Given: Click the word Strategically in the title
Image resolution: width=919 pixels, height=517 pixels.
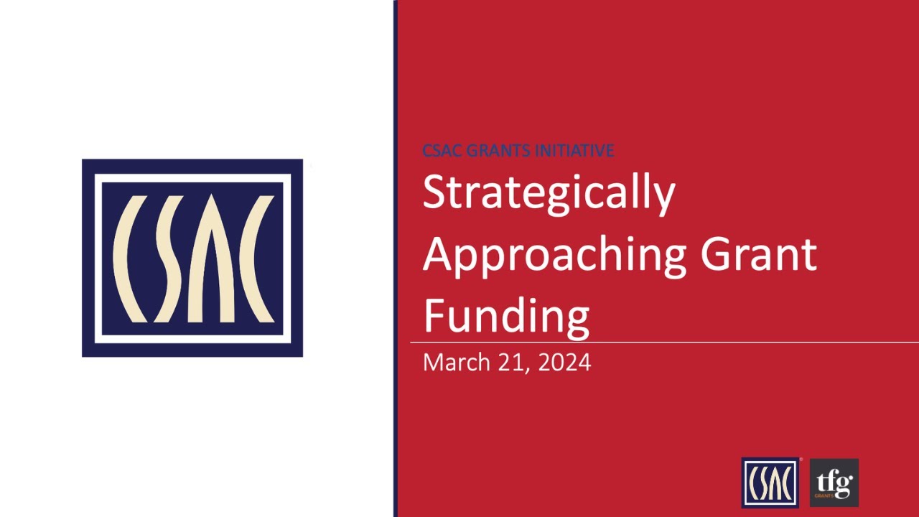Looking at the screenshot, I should (x=549, y=192).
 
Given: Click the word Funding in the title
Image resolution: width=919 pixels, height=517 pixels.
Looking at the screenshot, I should (x=506, y=317).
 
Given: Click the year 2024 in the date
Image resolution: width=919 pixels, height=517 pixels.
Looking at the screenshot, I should (x=564, y=363).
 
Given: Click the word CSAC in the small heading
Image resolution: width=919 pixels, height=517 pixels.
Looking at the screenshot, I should (x=442, y=151).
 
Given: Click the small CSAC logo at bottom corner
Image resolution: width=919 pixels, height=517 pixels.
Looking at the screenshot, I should (x=770, y=483).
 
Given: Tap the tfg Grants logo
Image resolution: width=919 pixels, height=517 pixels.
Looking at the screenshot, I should (x=834, y=483).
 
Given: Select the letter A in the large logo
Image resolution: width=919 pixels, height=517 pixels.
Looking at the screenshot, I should (x=211, y=258).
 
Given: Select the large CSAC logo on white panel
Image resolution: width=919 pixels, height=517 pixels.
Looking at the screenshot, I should (x=192, y=258).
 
